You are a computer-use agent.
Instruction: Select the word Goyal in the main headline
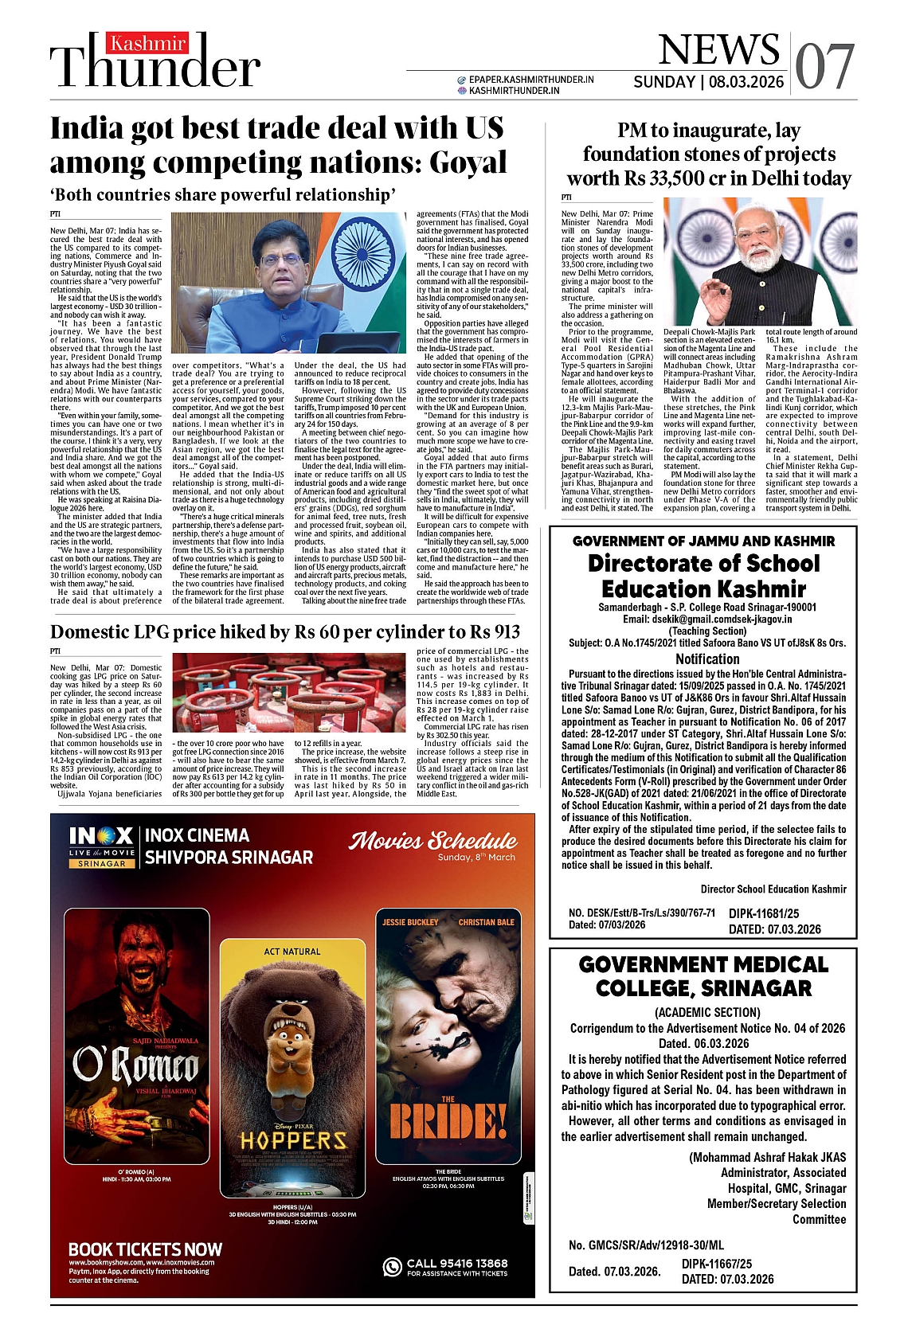[468, 162]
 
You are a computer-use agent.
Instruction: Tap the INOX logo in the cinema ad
[101, 836]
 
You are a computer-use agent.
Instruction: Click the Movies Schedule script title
[433, 841]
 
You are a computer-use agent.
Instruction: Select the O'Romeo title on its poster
[135, 1064]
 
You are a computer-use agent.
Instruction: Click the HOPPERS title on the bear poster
[293, 1140]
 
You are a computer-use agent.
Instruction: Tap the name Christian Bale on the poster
[486, 922]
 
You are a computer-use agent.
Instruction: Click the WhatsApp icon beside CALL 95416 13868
[392, 1266]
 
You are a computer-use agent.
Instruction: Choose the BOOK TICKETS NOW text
[145, 1249]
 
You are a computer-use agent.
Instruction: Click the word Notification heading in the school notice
[707, 659]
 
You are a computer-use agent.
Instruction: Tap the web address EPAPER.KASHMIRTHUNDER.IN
[531, 80]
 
